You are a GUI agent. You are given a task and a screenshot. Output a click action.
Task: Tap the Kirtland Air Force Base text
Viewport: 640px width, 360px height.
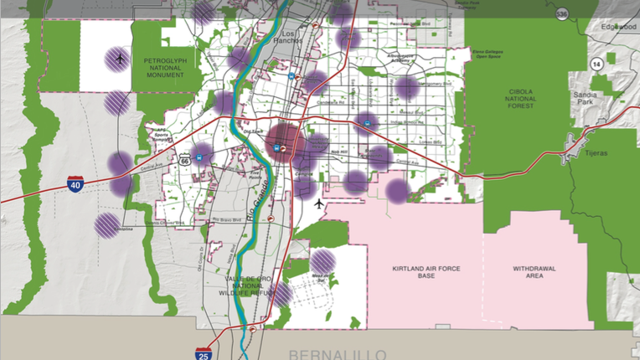click(426, 273)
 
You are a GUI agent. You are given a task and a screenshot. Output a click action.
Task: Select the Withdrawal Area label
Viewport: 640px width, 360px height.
click(534, 273)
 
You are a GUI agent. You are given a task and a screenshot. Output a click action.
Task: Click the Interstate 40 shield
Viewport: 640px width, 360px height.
click(75, 183)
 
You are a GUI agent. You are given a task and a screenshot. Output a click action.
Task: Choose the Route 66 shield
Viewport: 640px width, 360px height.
click(184, 159)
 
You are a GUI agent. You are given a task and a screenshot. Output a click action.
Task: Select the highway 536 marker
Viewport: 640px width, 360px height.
click(561, 13)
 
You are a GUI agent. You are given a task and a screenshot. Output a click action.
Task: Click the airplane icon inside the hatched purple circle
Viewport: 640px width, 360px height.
click(120, 59)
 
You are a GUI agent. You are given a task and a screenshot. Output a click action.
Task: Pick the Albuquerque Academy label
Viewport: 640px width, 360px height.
click(400, 59)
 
